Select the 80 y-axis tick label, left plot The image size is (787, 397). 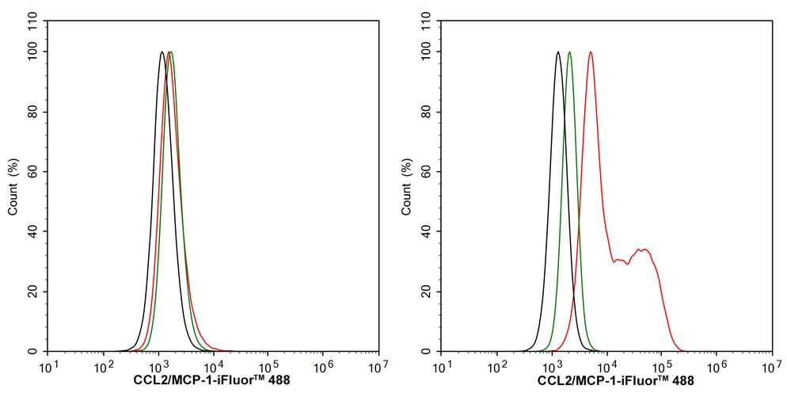click(33, 112)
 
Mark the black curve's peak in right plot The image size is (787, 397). click(558, 52)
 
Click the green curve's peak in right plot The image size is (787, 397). click(569, 52)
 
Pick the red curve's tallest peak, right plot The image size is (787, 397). click(591, 52)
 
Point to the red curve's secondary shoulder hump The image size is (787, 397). click(645, 250)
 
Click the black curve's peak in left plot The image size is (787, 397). click(162, 52)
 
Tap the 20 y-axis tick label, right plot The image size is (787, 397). click(428, 292)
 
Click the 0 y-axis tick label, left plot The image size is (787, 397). click(36, 352)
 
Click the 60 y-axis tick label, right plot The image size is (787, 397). click(428, 172)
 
